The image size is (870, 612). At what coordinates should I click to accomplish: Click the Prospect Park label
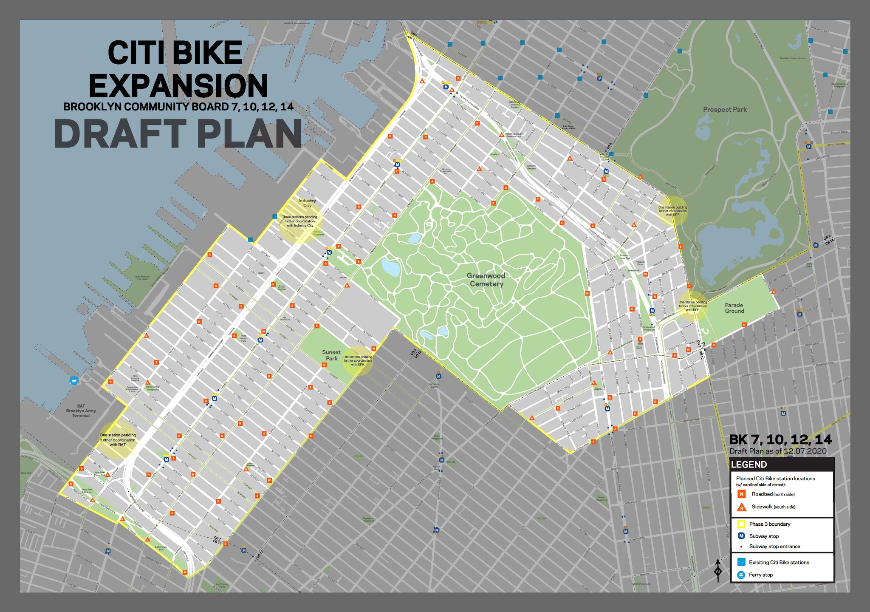725,110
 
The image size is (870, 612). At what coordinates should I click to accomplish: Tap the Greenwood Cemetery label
486,280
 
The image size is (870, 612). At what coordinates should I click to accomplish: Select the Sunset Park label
331,355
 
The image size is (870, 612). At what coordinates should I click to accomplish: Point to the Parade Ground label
734,308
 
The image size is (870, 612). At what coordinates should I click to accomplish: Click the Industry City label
307,203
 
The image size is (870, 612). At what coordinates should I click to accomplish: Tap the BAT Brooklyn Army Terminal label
81,411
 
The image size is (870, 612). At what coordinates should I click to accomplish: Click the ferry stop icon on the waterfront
74,380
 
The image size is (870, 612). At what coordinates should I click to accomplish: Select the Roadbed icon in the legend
742,494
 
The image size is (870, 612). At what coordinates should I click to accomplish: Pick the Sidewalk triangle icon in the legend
742,507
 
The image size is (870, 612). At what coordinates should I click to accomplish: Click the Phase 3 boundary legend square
741,524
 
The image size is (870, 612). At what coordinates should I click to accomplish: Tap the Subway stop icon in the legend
741,536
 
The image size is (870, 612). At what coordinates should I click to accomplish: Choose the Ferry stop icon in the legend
741,575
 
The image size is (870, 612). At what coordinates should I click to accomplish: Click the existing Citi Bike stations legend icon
741,562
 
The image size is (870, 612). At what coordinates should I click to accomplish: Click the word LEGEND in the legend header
749,465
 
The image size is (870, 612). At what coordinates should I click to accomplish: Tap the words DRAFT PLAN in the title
178,134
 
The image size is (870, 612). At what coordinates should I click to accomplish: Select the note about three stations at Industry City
299,221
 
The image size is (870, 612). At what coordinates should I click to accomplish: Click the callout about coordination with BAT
118,440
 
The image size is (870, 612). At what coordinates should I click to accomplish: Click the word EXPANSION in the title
178,86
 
